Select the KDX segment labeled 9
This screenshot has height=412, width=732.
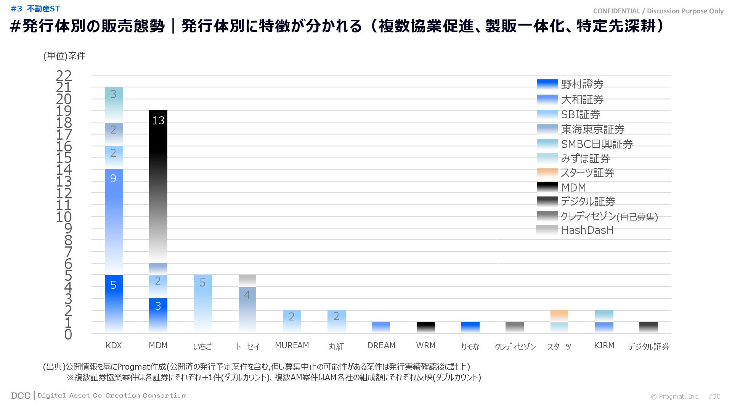(x=114, y=221)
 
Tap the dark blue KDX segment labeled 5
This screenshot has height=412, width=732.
(x=114, y=303)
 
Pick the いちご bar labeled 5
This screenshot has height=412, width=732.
(x=202, y=303)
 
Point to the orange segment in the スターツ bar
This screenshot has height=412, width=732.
(x=559, y=315)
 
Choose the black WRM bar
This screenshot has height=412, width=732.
(x=425, y=327)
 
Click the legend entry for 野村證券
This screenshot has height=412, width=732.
(x=582, y=84)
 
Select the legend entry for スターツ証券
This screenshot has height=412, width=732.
(x=587, y=173)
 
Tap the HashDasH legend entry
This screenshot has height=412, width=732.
(x=587, y=230)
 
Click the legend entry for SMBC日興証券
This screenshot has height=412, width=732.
(x=597, y=144)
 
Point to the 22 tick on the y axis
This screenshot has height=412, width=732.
(x=64, y=76)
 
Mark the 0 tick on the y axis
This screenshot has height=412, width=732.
(x=68, y=335)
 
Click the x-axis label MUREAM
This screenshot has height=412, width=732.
(x=292, y=346)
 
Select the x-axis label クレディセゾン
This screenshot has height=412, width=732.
(x=515, y=347)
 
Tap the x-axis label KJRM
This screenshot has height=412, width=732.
(x=604, y=346)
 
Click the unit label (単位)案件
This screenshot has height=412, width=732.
(x=64, y=56)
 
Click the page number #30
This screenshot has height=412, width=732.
(x=714, y=397)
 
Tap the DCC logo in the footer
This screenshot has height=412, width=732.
(x=21, y=396)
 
